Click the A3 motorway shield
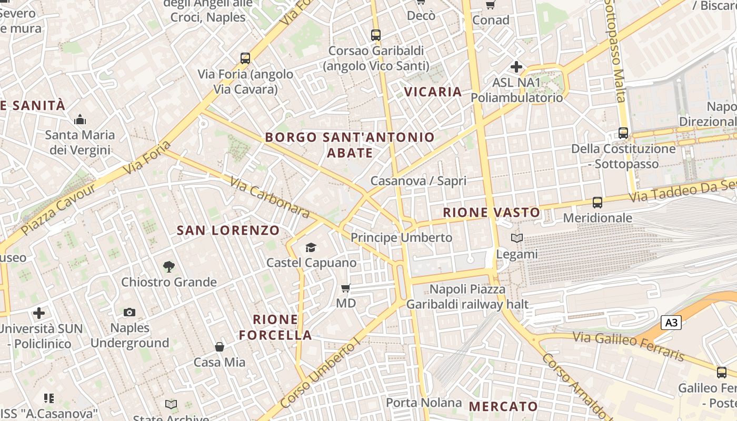tap(671, 323)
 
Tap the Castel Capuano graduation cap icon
tap(311, 247)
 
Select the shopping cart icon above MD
tap(346, 288)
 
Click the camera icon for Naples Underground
tap(130, 313)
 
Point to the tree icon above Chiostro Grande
tap(168, 267)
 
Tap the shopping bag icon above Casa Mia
tap(220, 347)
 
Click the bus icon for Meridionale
tap(597, 203)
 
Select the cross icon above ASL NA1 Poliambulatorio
tap(516, 67)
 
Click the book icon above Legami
tap(517, 238)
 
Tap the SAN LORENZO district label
tap(228, 230)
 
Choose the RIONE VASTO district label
tap(491, 213)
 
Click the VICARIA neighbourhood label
tap(433, 92)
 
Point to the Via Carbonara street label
tap(269, 197)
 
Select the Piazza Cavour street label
tap(59, 209)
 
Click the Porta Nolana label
tap(423, 403)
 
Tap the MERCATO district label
tap(503, 406)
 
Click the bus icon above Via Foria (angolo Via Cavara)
tap(245, 58)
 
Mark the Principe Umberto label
tap(401, 238)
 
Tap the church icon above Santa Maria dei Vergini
tap(80, 120)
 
